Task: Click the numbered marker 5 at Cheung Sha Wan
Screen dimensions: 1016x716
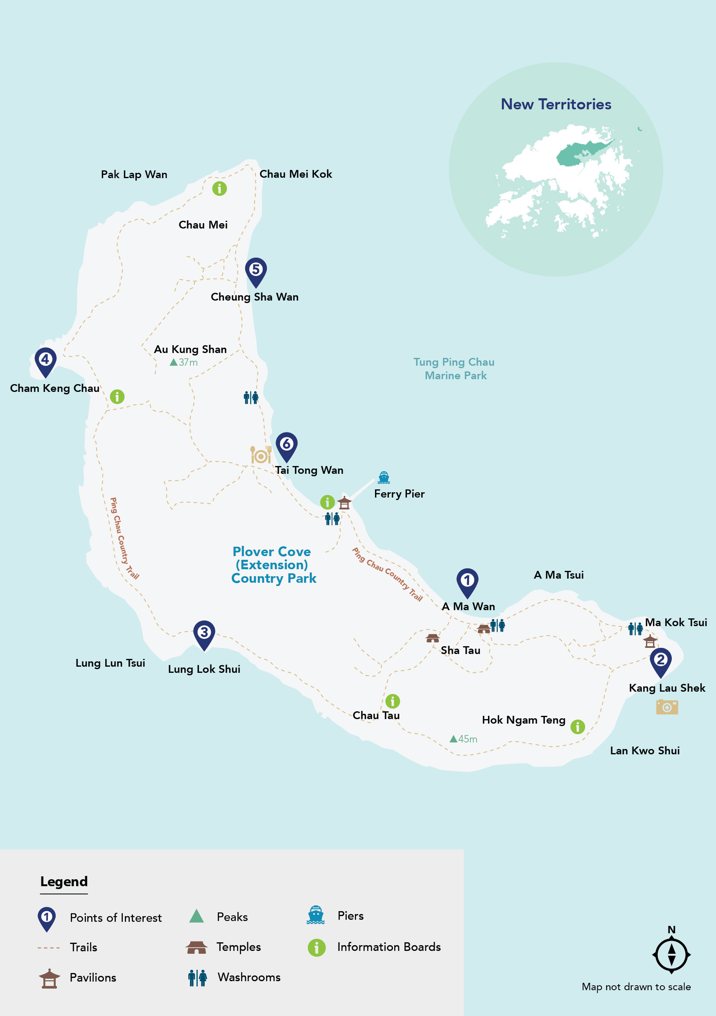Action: tap(255, 270)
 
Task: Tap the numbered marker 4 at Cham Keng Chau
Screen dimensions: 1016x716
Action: tap(45, 360)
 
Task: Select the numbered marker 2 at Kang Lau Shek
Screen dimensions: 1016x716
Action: tap(660, 661)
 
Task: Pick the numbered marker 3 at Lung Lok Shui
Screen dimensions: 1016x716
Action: tap(204, 633)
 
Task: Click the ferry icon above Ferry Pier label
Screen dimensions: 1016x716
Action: tap(384, 477)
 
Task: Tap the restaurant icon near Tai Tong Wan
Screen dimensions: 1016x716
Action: tap(261, 455)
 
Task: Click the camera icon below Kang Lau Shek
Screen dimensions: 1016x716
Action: tap(666, 707)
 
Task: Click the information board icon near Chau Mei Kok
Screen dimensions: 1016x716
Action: tap(219, 188)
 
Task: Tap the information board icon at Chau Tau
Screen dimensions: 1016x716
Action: tap(392, 701)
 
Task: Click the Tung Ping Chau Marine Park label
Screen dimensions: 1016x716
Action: tap(454, 369)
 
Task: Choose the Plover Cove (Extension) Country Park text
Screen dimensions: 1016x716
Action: tap(273, 565)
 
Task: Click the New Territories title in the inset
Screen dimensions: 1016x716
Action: tap(556, 104)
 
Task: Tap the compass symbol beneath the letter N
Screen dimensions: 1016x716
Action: tap(671, 955)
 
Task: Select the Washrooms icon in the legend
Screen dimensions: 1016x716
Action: tap(197, 978)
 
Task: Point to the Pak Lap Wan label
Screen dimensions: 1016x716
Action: tap(134, 174)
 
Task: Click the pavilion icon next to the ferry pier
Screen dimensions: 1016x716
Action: tap(344, 503)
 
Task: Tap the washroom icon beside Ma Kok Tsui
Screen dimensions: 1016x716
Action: tap(635, 628)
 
